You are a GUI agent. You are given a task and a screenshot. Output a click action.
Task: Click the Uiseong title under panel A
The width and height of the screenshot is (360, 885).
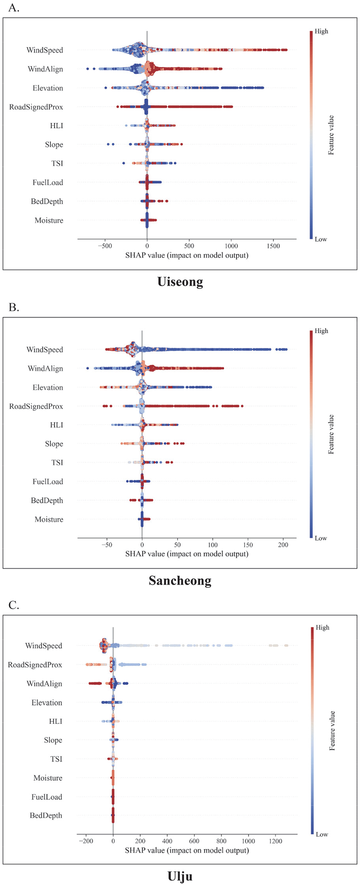pyautogui.click(x=180, y=282)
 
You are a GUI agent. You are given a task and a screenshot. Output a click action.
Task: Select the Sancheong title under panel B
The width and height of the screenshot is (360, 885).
pyautogui.click(x=180, y=580)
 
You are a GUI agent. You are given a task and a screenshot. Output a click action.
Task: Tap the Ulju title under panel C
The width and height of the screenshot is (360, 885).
pyautogui.click(x=180, y=876)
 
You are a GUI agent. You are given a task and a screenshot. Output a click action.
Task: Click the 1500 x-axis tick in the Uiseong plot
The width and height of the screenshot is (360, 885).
pyautogui.click(x=273, y=246)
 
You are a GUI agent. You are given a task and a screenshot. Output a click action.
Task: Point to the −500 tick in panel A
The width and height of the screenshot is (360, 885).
pyautogui.click(x=104, y=246)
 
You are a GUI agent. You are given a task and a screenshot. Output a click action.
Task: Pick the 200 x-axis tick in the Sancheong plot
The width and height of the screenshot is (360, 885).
pyautogui.click(x=283, y=545)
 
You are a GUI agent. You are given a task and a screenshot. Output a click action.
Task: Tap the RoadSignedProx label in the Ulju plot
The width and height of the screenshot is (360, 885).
pyautogui.click(x=35, y=665)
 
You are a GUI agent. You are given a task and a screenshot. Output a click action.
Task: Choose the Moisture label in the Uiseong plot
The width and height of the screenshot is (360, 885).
pyautogui.click(x=49, y=221)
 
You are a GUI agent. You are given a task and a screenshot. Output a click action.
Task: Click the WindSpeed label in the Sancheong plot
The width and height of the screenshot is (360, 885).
pyautogui.click(x=44, y=349)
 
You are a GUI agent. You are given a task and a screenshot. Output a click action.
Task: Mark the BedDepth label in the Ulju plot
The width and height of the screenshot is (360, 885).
pyautogui.click(x=46, y=816)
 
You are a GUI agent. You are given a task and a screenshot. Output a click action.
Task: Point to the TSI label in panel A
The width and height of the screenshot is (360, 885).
pyautogui.click(x=57, y=164)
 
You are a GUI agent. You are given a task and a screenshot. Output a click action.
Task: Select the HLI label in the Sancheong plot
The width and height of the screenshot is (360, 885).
pyautogui.click(x=57, y=425)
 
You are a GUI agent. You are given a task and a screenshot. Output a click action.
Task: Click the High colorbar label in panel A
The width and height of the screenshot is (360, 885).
pyautogui.click(x=321, y=31)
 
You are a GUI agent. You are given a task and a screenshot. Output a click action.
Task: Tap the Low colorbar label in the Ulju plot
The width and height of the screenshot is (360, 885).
pyautogui.click(x=322, y=834)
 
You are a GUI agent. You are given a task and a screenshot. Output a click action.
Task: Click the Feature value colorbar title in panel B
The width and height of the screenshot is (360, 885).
pyautogui.click(x=331, y=434)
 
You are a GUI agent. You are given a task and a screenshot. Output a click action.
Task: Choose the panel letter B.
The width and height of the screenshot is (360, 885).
pyautogui.click(x=14, y=307)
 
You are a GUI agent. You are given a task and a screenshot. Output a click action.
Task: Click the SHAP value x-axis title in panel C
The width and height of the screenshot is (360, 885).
pyautogui.click(x=187, y=850)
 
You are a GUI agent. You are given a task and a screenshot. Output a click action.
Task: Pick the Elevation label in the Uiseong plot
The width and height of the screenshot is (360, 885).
pyautogui.click(x=47, y=88)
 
